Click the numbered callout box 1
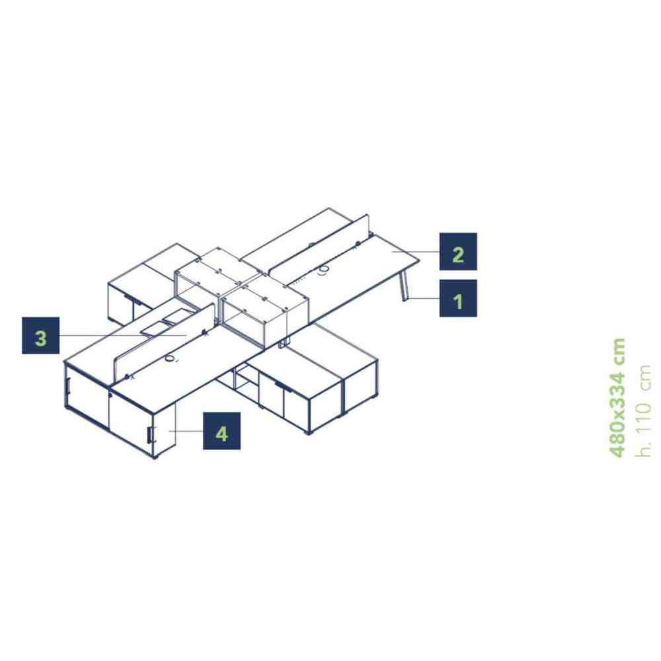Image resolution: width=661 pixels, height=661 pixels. (458, 298)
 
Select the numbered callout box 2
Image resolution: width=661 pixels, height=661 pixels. (458, 251)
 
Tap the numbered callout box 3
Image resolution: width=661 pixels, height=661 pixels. (40, 336)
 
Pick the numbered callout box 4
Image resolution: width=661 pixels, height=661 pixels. (221, 431)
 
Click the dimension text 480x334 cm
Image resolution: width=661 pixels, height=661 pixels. (617, 397)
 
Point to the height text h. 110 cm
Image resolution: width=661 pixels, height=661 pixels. (643, 410)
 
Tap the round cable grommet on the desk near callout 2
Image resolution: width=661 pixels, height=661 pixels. (324, 270)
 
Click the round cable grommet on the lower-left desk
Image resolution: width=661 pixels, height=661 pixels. (170, 358)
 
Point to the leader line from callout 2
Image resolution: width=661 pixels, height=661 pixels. (416, 252)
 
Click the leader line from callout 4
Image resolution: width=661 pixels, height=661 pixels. (186, 431)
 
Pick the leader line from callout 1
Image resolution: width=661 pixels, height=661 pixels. (423, 299)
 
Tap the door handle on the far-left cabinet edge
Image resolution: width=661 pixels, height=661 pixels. (67, 387)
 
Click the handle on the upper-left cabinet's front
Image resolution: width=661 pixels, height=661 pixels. (134, 299)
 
